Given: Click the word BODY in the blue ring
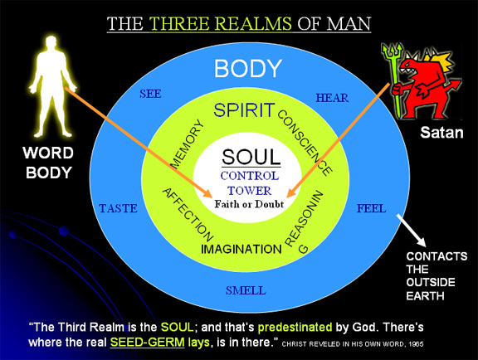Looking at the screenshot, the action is coord(247,68).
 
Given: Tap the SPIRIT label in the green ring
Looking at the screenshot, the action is coord(244,110).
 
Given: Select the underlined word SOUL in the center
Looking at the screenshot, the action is coord(251,158).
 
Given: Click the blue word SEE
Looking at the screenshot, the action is coord(150,94).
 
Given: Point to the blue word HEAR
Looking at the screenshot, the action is coord(332,98).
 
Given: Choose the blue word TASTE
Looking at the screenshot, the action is coord(119,208).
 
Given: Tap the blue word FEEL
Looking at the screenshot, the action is coord(371,208).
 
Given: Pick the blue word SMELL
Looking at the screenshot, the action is coord(246,290).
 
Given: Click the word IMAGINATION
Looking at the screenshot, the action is coord(241,249).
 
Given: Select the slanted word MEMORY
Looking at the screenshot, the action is coord(187,144).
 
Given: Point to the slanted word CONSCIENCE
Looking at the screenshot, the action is coord(305,143).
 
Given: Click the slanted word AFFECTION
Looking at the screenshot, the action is coord(188,215).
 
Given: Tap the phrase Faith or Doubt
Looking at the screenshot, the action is coord(249,204).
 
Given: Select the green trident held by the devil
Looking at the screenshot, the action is coord(394,80).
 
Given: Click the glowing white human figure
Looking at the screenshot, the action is coord(51,87).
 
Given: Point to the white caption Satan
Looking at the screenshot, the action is coord(441,133).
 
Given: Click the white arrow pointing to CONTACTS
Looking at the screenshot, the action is coord(412,230).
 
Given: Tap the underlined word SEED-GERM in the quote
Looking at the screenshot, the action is coord(147,342).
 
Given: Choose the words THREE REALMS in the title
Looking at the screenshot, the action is coord(221,24).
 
